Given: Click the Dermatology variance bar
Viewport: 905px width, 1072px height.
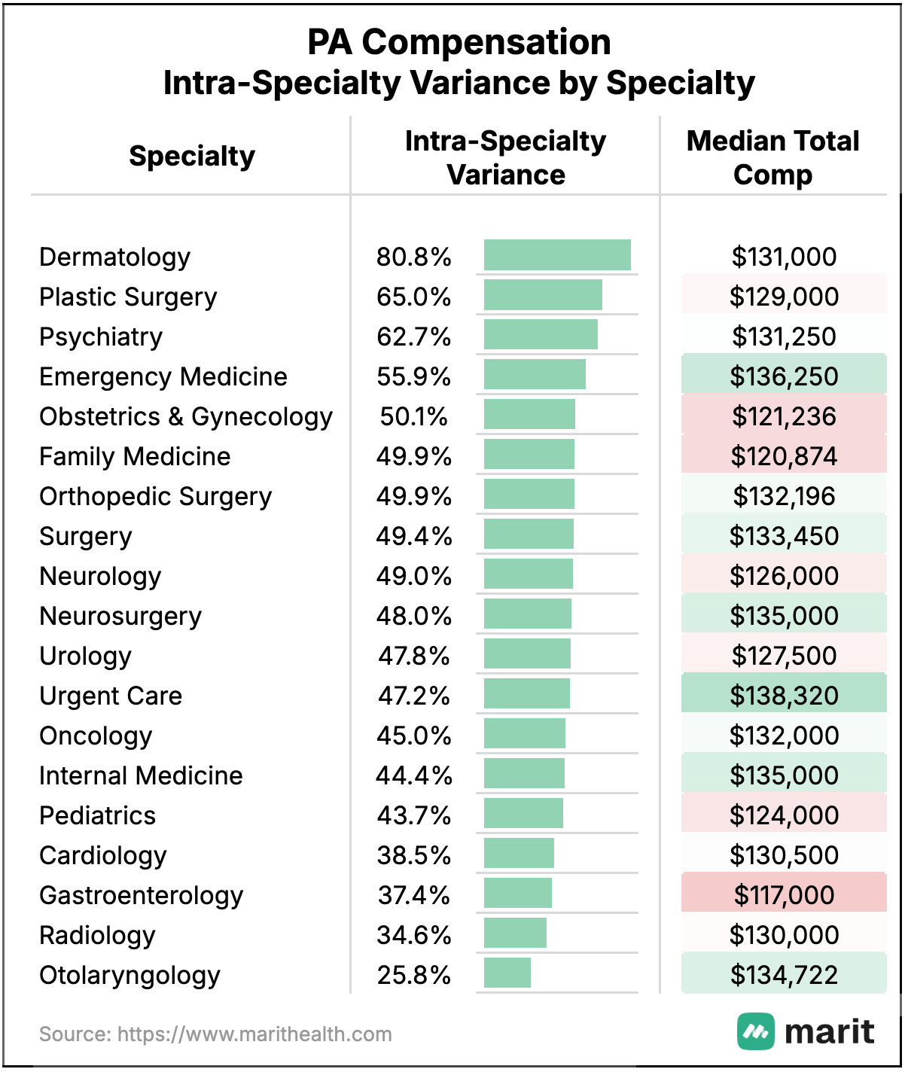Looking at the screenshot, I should [557, 255].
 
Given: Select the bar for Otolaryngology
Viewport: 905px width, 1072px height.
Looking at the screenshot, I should [507, 973].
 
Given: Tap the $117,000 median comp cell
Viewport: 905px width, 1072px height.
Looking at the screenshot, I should [784, 894].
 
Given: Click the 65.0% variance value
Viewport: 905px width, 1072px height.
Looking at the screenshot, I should [413, 297].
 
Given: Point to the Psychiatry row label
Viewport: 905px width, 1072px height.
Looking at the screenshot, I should [101, 337].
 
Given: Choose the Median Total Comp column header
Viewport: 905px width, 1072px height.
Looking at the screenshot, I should [772, 157].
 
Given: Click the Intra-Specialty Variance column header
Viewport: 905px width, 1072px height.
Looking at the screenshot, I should [505, 157].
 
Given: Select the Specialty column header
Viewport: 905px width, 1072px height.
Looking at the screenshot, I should [192, 156].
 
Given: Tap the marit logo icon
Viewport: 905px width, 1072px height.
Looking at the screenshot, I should [755, 1031].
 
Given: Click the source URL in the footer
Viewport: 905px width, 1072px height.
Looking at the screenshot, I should [254, 1034].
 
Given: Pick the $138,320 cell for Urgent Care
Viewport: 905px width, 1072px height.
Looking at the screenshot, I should [784, 695].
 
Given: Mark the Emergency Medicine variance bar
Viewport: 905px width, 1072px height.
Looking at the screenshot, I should [535, 375].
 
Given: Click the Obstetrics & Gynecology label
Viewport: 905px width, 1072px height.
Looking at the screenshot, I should [186, 416].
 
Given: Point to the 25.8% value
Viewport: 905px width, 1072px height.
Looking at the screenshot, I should [413, 975].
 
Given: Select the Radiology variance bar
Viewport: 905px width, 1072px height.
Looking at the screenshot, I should [515, 933].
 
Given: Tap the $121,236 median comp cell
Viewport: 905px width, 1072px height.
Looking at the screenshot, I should [784, 416].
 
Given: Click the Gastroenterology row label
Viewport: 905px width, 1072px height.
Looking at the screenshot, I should [142, 895].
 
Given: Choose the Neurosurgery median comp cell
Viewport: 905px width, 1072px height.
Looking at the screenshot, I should [784, 615].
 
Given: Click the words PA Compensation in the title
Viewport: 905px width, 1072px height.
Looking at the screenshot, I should [459, 42].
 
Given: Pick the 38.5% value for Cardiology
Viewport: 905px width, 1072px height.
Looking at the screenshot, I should [413, 855].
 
